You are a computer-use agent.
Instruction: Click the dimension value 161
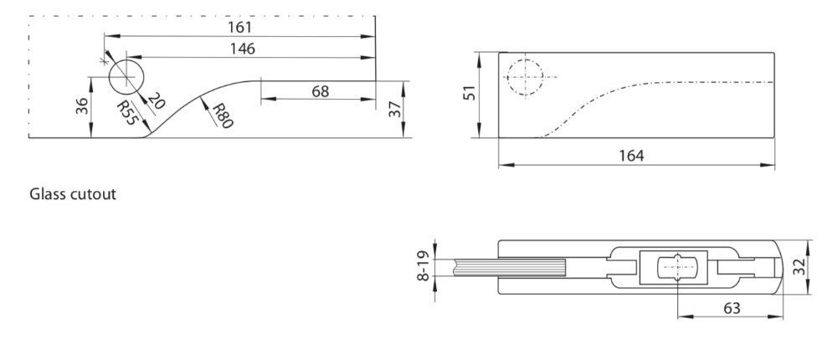(240, 27)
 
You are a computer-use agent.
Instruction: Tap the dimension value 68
(321, 90)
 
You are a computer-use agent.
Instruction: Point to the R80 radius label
(221, 116)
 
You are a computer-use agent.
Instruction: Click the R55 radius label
(126, 111)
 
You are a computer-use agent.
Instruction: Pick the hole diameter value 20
(156, 102)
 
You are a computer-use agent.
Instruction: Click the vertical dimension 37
(394, 109)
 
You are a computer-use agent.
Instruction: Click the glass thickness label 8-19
(424, 267)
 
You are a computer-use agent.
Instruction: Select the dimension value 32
(799, 267)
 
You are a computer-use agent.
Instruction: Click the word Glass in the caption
(48, 194)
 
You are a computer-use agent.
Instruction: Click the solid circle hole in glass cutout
(127, 77)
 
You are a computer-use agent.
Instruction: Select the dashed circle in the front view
(525, 77)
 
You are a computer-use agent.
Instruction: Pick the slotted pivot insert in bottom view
(675, 268)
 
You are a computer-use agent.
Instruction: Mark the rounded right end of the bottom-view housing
(778, 268)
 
